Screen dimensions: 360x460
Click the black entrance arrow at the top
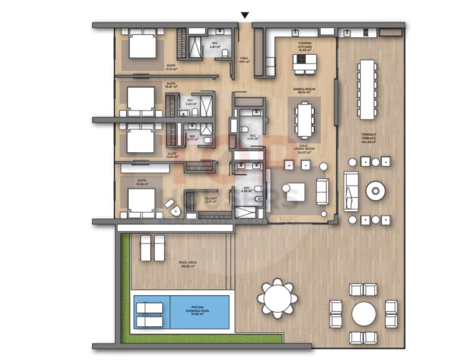click(245, 15)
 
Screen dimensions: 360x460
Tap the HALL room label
click(244, 60)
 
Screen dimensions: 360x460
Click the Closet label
click(211, 200)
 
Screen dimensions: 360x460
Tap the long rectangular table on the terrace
click(367, 89)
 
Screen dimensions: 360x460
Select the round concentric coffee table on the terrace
click(375, 191)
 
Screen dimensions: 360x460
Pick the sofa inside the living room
click(322, 191)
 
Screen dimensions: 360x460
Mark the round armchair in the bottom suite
click(173, 206)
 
